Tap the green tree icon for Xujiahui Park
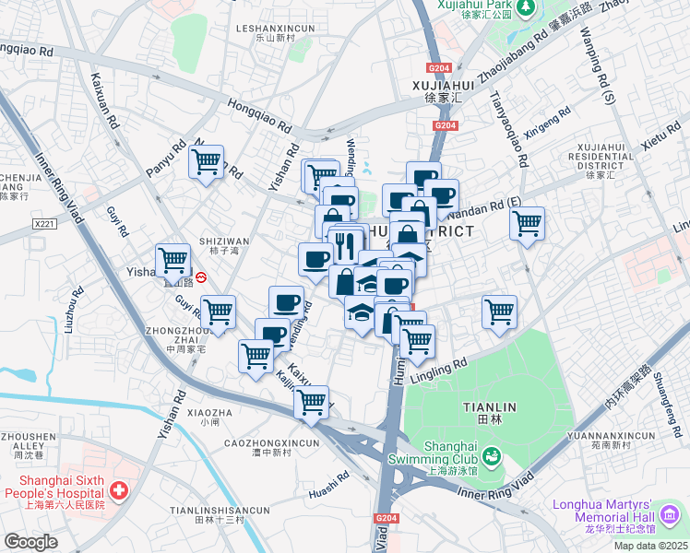526,7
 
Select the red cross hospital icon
118,490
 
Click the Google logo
30,542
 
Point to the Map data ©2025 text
649,546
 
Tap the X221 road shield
43,224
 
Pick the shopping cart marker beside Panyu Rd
207,162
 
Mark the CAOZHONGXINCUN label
272,443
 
